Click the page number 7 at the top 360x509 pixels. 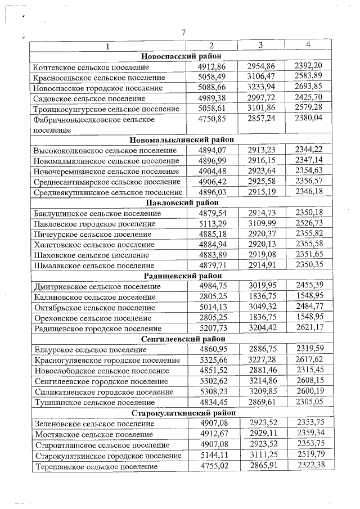point(184,32)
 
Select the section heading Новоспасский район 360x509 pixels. point(181,56)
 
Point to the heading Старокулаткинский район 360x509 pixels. point(182,413)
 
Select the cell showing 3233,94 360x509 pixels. point(261,87)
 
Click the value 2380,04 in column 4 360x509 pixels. point(308,119)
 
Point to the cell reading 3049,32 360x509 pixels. point(261,307)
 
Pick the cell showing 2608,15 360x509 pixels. point(308,381)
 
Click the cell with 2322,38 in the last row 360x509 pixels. point(308,466)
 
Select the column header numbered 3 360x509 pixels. point(261,44)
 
